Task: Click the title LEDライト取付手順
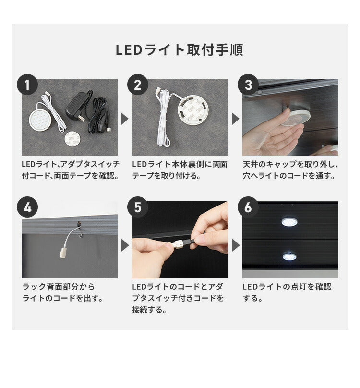coord(180,50)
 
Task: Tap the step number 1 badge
coord(27,85)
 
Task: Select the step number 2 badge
coord(138,85)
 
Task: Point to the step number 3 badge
coord(248,85)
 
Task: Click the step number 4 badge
coord(27,207)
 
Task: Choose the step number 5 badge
coord(138,207)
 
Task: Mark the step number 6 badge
coord(248,207)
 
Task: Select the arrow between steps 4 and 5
coord(124,246)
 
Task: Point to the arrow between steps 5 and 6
coord(235,246)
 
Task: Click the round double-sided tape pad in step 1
coord(73,140)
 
